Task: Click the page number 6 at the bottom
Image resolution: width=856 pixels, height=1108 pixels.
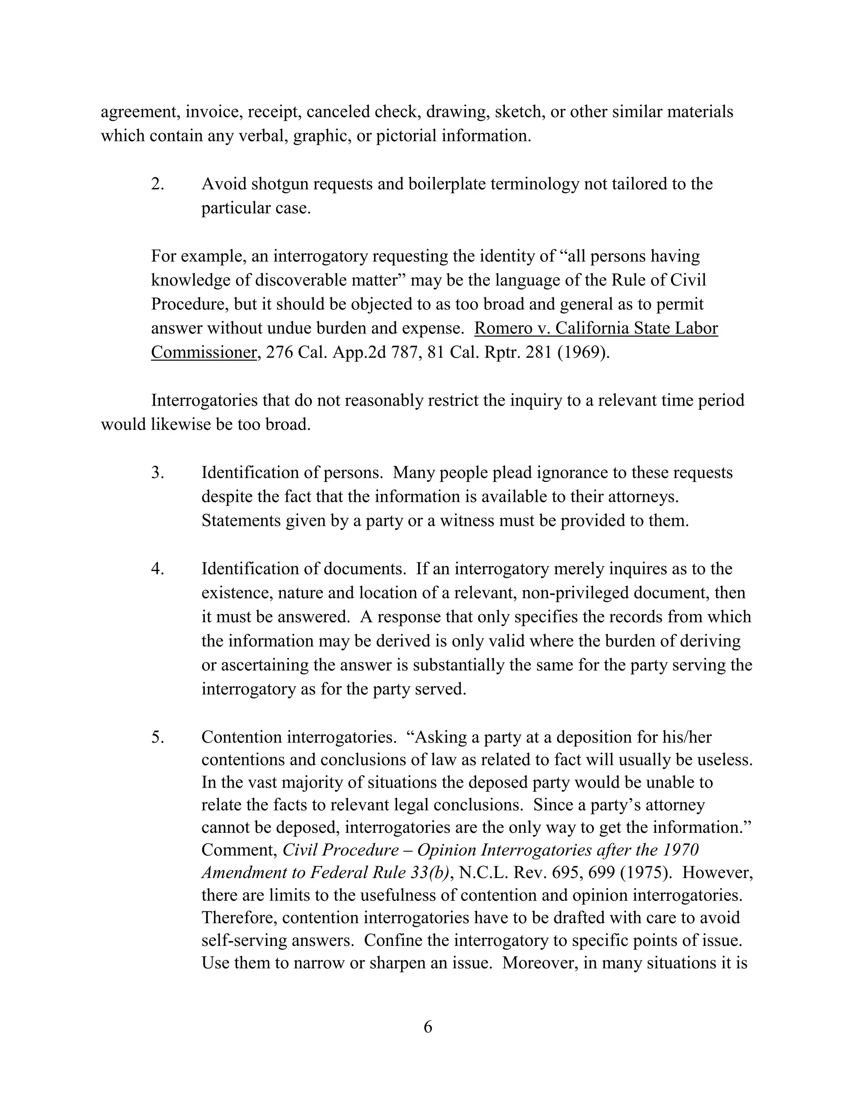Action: click(428, 1027)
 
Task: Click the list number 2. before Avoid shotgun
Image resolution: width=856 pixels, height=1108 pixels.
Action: click(157, 184)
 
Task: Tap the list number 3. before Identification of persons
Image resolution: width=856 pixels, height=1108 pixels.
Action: click(157, 472)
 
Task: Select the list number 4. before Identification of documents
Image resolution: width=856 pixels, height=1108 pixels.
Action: click(157, 569)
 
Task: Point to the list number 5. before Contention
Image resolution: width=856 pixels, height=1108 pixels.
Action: click(157, 737)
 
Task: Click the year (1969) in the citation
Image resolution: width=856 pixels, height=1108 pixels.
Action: click(583, 352)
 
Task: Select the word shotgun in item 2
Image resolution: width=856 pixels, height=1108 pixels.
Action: click(280, 184)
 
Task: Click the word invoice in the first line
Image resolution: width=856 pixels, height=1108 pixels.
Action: click(214, 112)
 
